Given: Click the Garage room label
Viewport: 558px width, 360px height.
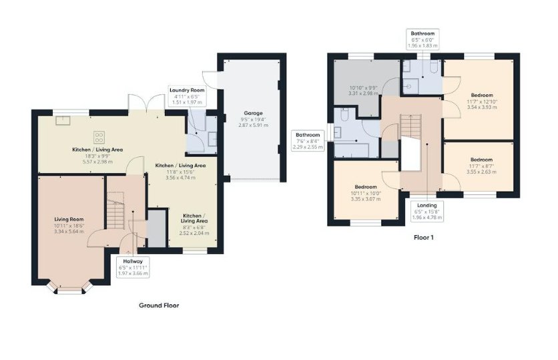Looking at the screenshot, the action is [253, 114].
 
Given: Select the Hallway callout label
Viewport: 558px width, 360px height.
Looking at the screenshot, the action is [133, 267].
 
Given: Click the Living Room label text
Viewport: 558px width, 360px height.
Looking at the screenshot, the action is [69, 219].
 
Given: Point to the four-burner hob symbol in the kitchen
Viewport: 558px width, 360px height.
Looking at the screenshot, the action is [99, 137].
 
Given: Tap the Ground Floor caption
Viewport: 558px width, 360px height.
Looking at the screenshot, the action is [159, 305].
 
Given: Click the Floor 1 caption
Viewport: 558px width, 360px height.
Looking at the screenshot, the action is [423, 238].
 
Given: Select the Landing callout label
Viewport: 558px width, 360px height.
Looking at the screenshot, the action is [427, 211].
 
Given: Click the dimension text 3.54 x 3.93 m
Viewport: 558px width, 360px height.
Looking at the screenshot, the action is [482, 107].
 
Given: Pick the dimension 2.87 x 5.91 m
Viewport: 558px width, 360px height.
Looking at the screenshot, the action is [254, 126].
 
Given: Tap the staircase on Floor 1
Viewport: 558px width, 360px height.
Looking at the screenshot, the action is [411, 127].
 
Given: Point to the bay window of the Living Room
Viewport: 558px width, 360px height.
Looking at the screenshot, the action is [69, 288].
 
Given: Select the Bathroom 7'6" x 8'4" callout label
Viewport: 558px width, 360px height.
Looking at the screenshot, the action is [308, 141].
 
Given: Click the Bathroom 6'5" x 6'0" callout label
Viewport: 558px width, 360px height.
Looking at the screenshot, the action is [423, 39].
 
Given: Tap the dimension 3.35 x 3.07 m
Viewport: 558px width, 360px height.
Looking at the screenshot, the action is [366, 199].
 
